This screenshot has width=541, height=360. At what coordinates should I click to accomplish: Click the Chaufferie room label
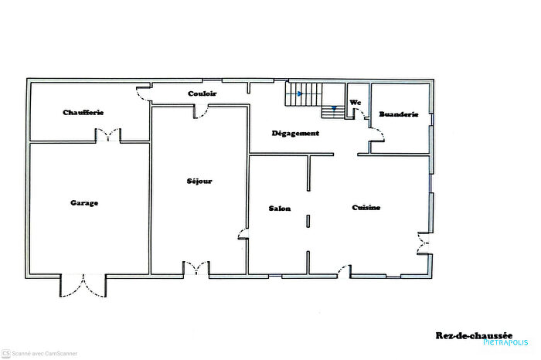(x=83, y=113)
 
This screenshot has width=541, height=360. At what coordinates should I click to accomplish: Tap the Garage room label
(x=84, y=203)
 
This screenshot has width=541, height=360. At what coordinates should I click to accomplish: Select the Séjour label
(x=199, y=182)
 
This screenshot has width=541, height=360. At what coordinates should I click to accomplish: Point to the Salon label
(x=279, y=209)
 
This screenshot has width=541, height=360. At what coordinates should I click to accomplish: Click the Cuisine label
(x=366, y=208)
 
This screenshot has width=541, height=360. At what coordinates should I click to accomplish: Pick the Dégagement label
(x=295, y=134)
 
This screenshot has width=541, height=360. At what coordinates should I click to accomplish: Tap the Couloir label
(x=202, y=93)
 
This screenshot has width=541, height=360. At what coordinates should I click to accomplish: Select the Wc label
(x=356, y=103)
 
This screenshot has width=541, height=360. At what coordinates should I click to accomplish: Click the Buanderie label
(x=398, y=114)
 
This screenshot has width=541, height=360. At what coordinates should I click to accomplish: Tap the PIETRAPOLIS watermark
(x=505, y=342)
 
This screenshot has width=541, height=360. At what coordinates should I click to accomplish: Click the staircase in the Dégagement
(x=314, y=99)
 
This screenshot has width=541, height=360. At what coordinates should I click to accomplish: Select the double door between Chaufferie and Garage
(x=108, y=137)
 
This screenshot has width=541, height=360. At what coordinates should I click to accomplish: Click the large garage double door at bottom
(x=83, y=286)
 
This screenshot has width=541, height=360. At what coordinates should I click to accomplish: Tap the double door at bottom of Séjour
(x=195, y=269)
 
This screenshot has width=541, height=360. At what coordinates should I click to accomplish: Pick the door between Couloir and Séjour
(x=199, y=112)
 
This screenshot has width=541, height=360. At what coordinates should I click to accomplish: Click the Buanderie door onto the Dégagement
(x=376, y=140)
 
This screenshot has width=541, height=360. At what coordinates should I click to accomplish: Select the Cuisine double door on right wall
(x=423, y=243)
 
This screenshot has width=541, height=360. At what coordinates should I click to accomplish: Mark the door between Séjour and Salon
(x=243, y=234)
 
